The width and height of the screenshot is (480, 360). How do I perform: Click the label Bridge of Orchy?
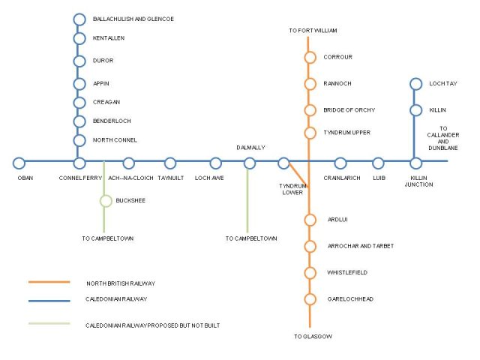pyautogui.click(x=349, y=110)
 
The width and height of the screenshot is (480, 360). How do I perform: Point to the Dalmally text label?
pyautogui.click(x=250, y=148)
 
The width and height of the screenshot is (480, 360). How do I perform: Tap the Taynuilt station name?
pyautogui.click(x=171, y=178)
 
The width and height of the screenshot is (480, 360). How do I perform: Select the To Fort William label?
pyautogui.click(x=313, y=31)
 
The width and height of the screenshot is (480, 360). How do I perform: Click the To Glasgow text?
pyautogui.click(x=313, y=337)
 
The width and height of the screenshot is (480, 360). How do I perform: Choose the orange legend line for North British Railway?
pyautogui.click(x=49, y=282)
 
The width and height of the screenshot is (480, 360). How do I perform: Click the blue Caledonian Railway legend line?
pyautogui.click(x=49, y=301)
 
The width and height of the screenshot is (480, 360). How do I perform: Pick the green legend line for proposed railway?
pyautogui.click(x=49, y=323)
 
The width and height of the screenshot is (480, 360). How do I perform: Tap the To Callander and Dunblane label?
pyautogui.click(x=443, y=138)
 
